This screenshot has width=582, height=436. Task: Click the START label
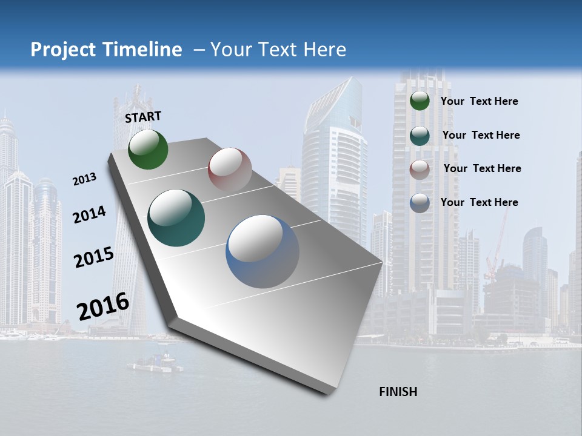coord(143,117)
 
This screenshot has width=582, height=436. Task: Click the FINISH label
coord(398,392)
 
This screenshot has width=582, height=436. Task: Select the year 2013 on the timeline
coord(84,179)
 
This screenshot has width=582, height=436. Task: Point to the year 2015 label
coord(93,257)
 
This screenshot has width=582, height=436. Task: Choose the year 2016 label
coord(102,306)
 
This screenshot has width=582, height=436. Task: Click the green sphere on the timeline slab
coord(148,149)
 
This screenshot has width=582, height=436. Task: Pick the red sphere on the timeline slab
coord(230,169)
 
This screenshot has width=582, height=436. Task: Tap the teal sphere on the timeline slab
coord(176,218)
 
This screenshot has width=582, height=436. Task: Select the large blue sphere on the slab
coord(263,251)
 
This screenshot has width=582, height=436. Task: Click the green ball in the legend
coord(420,101)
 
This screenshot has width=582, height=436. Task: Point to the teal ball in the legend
coord(420,136)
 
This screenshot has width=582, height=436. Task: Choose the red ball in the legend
coord(420,169)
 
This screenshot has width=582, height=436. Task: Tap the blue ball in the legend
coord(420,203)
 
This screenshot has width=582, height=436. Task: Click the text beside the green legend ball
coord(479,102)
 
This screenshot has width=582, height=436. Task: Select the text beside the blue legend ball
coord(479,202)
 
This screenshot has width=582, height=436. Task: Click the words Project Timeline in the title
coord(106,50)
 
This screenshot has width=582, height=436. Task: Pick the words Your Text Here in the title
coord(278,50)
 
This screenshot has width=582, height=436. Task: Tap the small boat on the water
coord(155,363)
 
